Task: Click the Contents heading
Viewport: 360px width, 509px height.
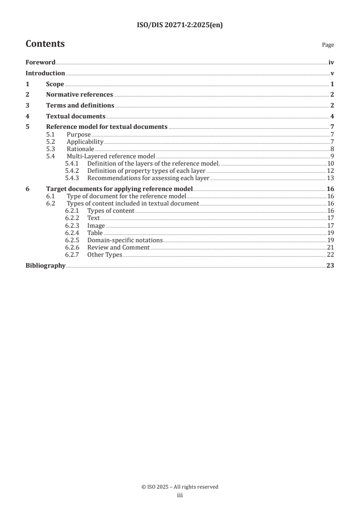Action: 45,44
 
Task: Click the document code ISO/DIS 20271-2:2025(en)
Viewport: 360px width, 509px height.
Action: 180,25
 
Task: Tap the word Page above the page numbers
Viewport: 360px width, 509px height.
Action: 328,45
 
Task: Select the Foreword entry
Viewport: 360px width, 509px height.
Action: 40,63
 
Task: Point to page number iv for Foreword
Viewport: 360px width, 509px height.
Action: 331,63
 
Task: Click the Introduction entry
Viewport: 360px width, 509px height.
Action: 45,73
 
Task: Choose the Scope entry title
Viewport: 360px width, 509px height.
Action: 55,84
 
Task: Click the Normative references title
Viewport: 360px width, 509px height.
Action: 79,95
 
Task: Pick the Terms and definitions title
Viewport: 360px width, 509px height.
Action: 80,106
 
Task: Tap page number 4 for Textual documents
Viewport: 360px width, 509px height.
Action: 332,116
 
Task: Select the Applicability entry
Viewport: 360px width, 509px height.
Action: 85,142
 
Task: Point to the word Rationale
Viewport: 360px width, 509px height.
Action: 80,149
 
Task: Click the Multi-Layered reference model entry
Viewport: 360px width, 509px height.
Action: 111,156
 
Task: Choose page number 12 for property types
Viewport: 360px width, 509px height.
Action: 330,171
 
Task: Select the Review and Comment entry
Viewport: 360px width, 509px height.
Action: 118,247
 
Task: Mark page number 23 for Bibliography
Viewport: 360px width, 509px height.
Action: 330,266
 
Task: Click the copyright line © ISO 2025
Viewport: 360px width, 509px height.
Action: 180,487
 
